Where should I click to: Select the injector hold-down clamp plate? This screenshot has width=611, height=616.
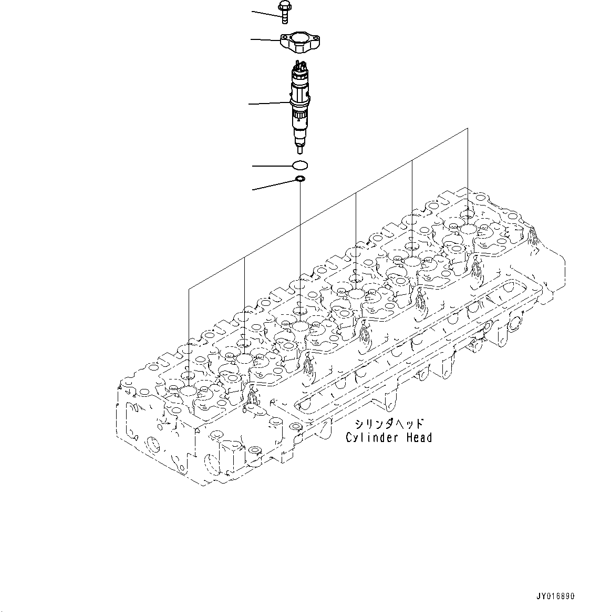tap(302, 45)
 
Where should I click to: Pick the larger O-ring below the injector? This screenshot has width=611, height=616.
tap(299, 166)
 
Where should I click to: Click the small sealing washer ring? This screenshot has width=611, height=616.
tap(300, 180)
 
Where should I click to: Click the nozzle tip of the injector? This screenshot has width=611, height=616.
tap(300, 150)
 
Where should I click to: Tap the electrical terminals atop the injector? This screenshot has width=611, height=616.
tap(300, 66)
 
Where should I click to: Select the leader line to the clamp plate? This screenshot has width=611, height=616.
tap(265, 39)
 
